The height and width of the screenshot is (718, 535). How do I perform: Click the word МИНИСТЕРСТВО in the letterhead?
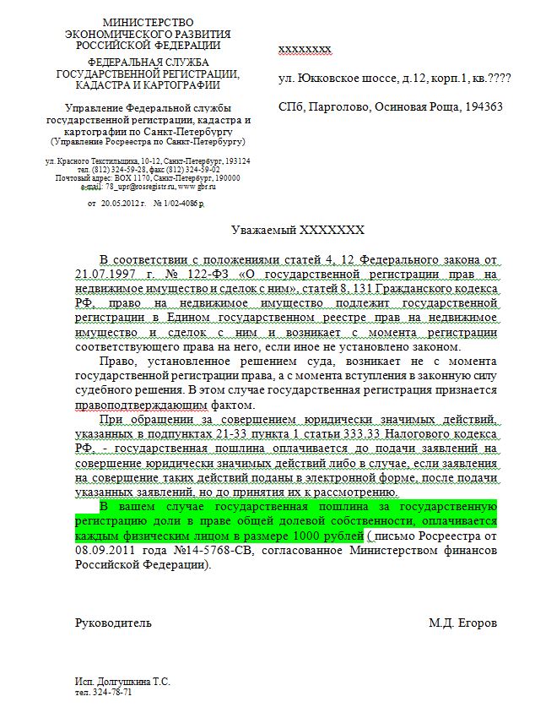click(x=148, y=21)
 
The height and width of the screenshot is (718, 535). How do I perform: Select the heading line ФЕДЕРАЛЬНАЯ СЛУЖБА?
click(x=148, y=62)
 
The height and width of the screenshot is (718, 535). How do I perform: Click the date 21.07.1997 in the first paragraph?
click(x=100, y=274)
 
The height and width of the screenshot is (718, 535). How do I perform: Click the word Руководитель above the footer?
click(x=114, y=623)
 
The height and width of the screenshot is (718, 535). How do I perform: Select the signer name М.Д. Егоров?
click(x=462, y=623)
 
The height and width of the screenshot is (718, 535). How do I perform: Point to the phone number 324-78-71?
click(x=112, y=692)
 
